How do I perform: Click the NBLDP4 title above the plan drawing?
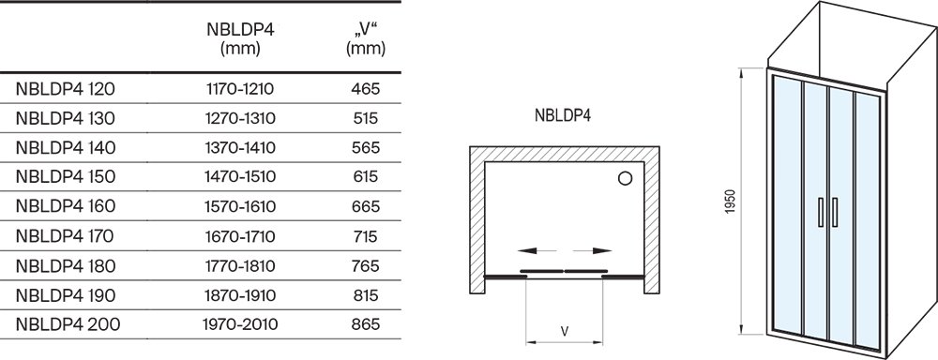tap(563, 117)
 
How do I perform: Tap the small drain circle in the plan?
tap(625, 178)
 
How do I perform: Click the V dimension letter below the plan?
tap(564, 330)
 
